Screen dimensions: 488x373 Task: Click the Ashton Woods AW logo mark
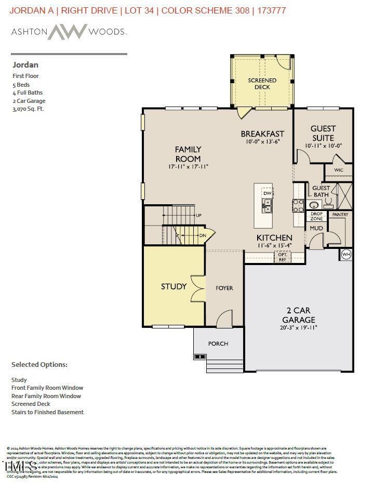pyautogui.click(x=68, y=32)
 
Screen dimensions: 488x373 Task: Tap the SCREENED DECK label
pyautogui.click(x=262, y=84)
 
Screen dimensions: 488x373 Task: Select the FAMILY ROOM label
pyautogui.click(x=188, y=154)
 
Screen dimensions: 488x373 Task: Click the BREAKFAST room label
pyautogui.click(x=262, y=134)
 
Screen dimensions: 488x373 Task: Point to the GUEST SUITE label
pyautogui.click(x=323, y=133)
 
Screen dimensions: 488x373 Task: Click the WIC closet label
pyautogui.click(x=338, y=170)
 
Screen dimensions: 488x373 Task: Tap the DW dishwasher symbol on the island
pyautogui.click(x=267, y=193)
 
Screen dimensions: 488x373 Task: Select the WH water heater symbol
pyautogui.click(x=346, y=255)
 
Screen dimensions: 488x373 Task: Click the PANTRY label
pyautogui.click(x=340, y=215)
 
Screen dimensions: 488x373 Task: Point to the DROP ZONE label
pyautogui.click(x=316, y=217)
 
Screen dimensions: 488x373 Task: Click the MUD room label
pyautogui.click(x=316, y=228)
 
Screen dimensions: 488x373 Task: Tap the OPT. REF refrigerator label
pyautogui.click(x=283, y=257)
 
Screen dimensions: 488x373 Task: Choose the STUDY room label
pyautogui.click(x=174, y=286)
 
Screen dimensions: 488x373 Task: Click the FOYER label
pyautogui.click(x=224, y=288)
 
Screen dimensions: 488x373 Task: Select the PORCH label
pyautogui.click(x=218, y=344)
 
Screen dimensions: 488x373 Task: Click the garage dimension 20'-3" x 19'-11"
pyautogui.click(x=299, y=328)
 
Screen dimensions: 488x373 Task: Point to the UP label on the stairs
pyautogui.click(x=198, y=215)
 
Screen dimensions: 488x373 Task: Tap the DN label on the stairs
pyautogui.click(x=203, y=235)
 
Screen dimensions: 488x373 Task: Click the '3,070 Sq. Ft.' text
pyautogui.click(x=28, y=109)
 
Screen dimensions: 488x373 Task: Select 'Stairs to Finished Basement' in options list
pyautogui.click(x=47, y=412)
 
